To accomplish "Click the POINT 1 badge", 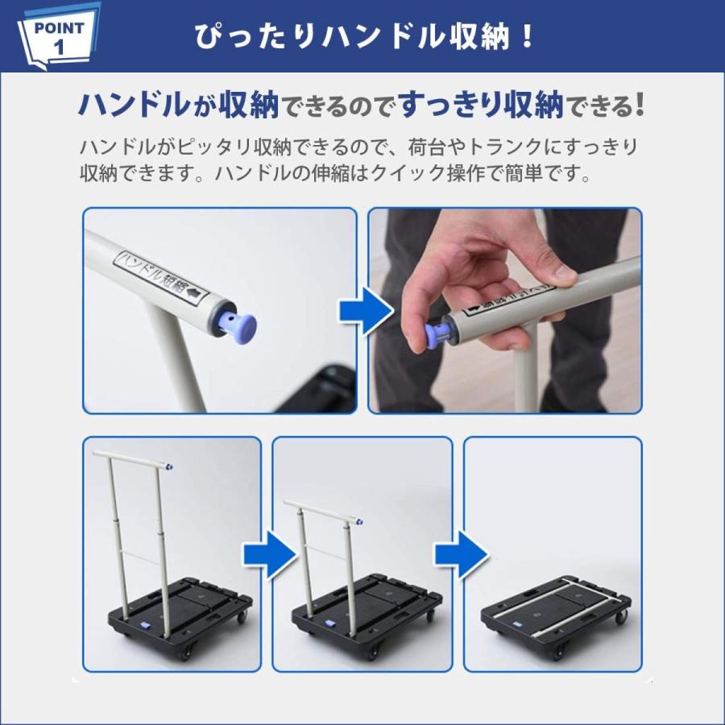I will coord(58,36).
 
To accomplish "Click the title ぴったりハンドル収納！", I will coord(364,36).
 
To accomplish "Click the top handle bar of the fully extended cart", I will coord(133,459).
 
